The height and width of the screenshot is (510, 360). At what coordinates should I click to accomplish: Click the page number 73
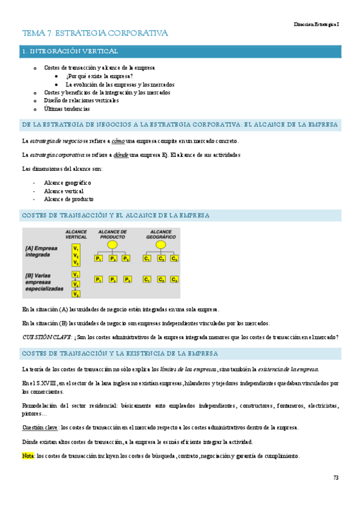pyautogui.click(x=335, y=478)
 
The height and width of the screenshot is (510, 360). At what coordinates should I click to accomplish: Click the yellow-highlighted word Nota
pyautogui.click(x=28, y=456)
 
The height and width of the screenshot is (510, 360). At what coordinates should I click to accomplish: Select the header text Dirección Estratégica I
pyautogui.click(x=316, y=23)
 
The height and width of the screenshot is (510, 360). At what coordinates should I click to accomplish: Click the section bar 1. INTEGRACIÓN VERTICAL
pyautogui.click(x=70, y=52)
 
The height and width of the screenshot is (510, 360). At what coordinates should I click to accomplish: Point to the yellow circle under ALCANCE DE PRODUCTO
pyautogui.click(x=112, y=245)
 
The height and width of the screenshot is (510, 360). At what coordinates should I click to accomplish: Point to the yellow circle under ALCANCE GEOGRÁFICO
pyautogui.click(x=160, y=245)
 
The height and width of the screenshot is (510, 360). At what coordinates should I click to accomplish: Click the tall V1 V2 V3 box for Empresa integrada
pyautogui.click(x=75, y=255)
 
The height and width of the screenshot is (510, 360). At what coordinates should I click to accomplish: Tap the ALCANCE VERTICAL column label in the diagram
pyautogui.click(x=76, y=235)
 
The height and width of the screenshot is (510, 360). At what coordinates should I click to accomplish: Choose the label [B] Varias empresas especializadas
pyautogui.click(x=44, y=281)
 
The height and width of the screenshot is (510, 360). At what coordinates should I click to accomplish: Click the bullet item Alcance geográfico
pyautogui.click(x=67, y=182)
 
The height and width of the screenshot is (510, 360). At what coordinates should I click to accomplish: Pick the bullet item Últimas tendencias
pyautogui.click(x=67, y=109)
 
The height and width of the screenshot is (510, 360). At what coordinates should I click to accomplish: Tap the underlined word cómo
pyautogui.click(x=118, y=141)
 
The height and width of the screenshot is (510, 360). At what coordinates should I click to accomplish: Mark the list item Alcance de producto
pyautogui.click(x=69, y=198)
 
